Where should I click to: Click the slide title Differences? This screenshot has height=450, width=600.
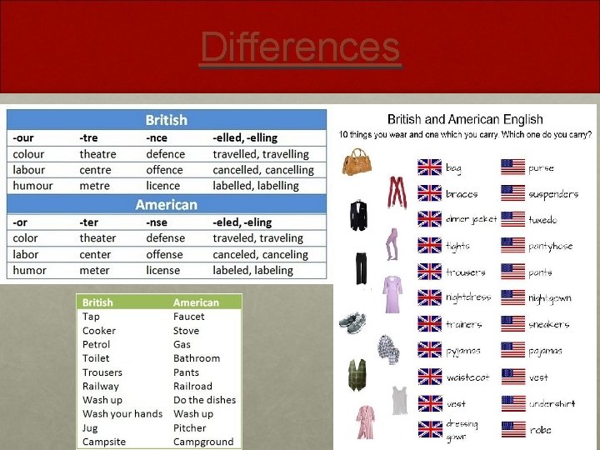pyautogui.click(x=300, y=47)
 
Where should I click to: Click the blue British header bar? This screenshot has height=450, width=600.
pyautogui.click(x=167, y=120)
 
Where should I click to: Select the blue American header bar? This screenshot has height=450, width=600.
pyautogui.click(x=167, y=204)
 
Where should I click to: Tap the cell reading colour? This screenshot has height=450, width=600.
pyautogui.click(x=28, y=154)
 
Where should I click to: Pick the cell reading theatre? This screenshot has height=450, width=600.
pyautogui.click(x=98, y=154)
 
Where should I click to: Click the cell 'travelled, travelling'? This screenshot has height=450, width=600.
pyautogui.click(x=260, y=154)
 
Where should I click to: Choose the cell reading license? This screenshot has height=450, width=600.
pyautogui.click(x=162, y=270)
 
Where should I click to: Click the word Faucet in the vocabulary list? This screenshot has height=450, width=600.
pyautogui.click(x=189, y=317)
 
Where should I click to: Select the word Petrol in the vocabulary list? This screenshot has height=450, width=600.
pyautogui.click(x=97, y=344)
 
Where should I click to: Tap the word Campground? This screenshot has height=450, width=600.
pyautogui.click(x=203, y=442)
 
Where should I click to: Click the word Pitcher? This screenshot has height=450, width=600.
pyautogui.click(x=189, y=427)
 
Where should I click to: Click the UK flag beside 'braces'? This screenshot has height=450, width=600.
pyautogui.click(x=429, y=193)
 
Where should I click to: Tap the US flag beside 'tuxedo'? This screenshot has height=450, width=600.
pyautogui.click(x=512, y=219)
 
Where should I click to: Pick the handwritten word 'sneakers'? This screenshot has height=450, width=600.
pyautogui.click(x=549, y=324)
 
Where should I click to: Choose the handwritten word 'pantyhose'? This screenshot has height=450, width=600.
pyautogui.click(x=551, y=246)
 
